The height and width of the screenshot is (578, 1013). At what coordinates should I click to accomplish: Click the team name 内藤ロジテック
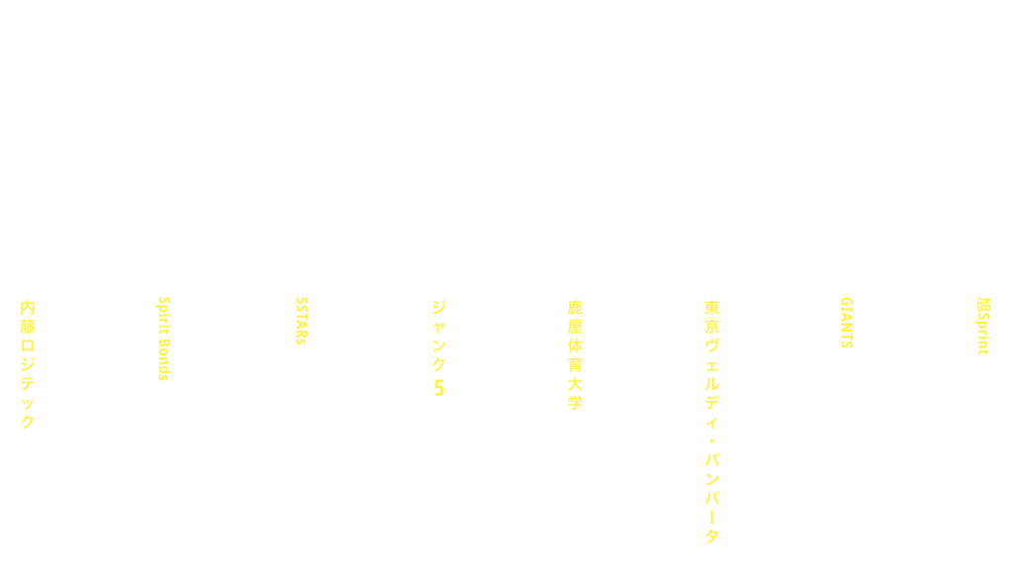pos(27,364)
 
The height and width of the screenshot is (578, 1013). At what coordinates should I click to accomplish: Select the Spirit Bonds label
pos(164,338)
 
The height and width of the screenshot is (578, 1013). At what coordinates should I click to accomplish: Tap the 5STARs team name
pos(301,321)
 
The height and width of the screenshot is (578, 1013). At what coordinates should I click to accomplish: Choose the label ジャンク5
pos(438,347)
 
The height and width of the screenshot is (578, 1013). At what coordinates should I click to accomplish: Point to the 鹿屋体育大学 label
pos(575,355)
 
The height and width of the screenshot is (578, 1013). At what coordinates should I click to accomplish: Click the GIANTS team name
pos(847,323)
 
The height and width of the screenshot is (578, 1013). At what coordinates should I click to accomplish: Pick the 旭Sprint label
pos(983,326)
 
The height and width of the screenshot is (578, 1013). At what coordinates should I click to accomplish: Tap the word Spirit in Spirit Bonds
pos(164,315)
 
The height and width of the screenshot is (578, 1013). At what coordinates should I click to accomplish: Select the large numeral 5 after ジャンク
pos(438,388)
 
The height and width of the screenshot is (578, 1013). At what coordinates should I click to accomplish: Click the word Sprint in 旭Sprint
pos(983,334)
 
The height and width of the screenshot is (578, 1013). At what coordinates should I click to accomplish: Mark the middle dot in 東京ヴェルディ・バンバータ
pos(712,441)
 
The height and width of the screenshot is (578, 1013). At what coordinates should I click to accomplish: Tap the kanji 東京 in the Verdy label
pos(712,316)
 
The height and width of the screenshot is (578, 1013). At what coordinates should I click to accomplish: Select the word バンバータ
pos(712,499)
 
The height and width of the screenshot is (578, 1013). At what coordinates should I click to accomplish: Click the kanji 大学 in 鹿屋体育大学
pos(575,393)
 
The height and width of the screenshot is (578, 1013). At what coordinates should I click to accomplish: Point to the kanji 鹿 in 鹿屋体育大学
pos(575,307)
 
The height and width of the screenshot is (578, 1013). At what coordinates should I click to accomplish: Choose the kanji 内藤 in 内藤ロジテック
pos(27,317)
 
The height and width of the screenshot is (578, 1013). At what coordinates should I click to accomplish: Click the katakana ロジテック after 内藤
pos(27,383)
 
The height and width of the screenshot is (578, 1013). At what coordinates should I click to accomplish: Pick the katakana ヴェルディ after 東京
pos(712,383)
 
